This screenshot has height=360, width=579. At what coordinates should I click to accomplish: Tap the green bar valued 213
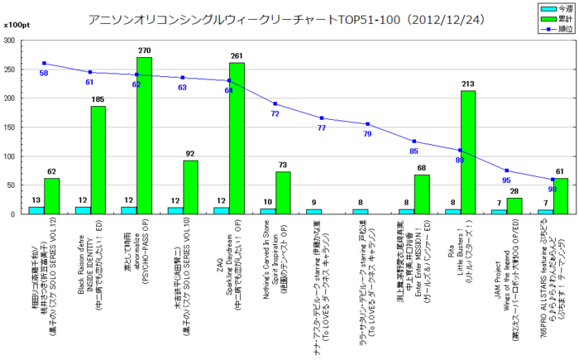[x=467, y=152]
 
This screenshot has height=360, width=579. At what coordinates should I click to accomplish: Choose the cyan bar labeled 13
[x=36, y=210]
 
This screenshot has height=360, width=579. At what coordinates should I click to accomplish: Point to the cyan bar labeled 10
[x=267, y=211]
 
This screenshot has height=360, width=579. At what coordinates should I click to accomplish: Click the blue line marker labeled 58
[x=43, y=64]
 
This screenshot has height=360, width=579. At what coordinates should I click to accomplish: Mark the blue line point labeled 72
[x=275, y=104]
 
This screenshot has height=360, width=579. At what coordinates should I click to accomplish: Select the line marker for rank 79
[x=367, y=124]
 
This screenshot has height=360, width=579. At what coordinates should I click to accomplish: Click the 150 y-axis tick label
[x=17, y=127]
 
